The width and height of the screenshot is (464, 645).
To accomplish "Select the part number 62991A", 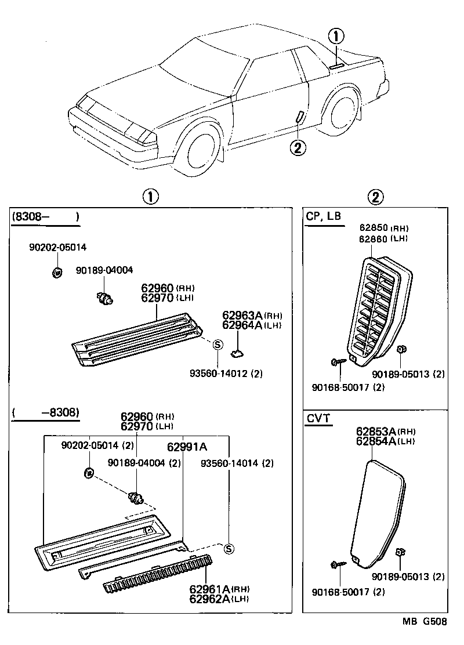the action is click(187, 447).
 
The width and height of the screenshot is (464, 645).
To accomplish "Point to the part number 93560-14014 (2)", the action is click(237, 463).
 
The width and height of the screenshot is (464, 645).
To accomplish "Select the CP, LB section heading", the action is click(324, 216).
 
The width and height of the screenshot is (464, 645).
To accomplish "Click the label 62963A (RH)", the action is click(252, 316).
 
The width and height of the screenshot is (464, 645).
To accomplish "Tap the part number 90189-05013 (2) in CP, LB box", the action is click(408, 374).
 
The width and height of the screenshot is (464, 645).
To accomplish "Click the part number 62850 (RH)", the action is click(383, 229).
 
